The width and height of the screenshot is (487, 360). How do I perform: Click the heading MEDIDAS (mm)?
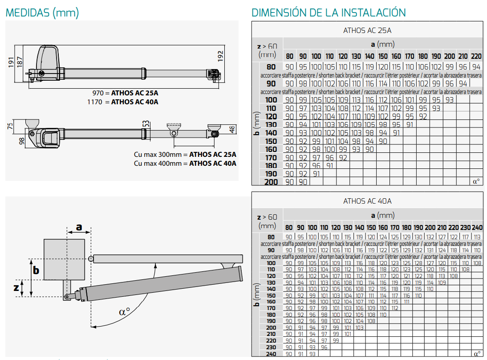[42, 13]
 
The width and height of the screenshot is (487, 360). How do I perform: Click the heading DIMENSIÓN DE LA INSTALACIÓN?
[329, 12]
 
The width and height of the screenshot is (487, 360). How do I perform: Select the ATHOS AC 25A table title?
[367, 30]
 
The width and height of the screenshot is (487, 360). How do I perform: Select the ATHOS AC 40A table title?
[367, 201]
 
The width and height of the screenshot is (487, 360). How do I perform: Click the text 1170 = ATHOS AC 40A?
[122, 102]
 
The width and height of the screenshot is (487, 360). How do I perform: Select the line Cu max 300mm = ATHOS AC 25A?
[185, 155]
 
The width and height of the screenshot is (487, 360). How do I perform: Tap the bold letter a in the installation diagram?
[79, 227]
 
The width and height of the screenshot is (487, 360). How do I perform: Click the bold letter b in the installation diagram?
[36, 270]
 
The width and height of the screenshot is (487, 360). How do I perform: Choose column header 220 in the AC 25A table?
[476, 56]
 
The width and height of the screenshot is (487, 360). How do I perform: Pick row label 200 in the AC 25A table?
[271, 182]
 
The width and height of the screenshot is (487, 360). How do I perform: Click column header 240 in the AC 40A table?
[477, 227]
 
